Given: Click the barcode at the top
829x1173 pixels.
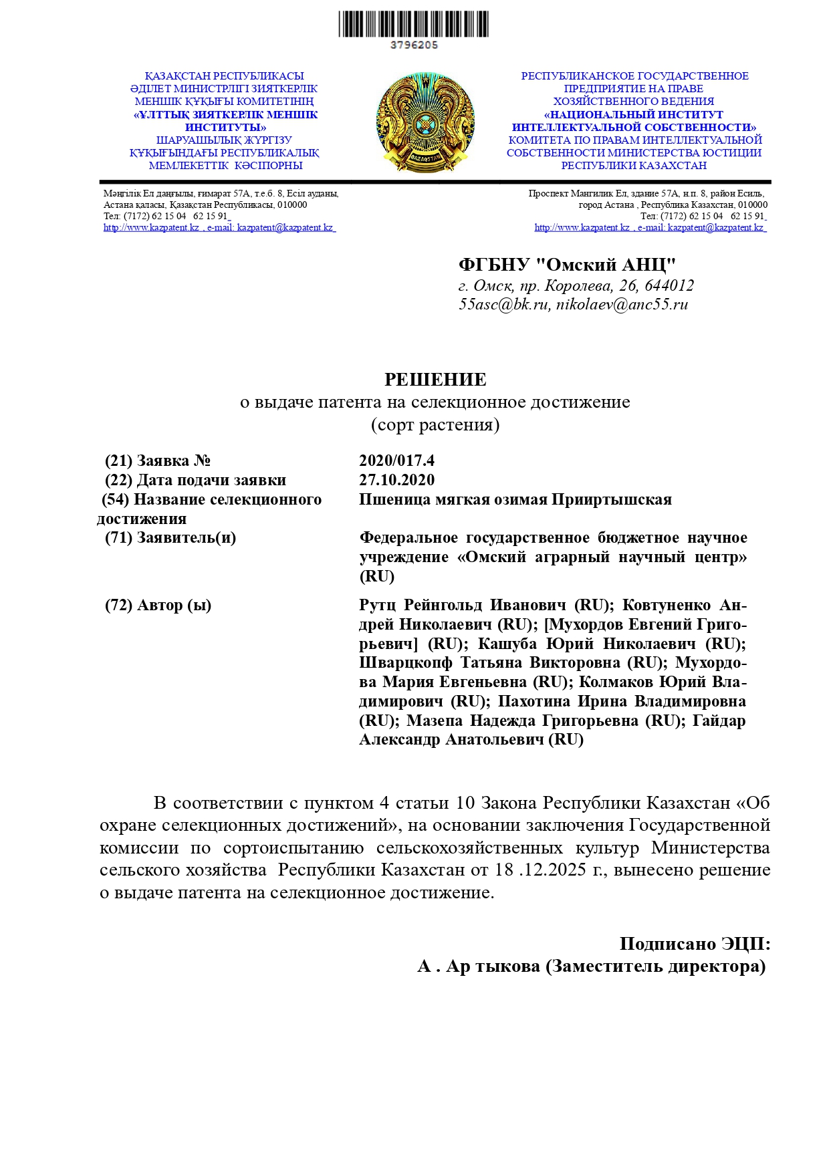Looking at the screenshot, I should pos(413,24).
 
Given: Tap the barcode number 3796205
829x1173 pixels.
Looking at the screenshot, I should pos(414,45).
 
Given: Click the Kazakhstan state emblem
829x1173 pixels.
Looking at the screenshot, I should pos(425,124).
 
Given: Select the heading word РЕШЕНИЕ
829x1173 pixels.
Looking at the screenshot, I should pos(435,380).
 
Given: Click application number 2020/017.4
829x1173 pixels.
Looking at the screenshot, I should pos(396,461).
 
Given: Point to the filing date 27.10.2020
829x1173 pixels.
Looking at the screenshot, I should pos(396,480).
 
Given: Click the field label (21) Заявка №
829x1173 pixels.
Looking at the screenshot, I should pos(158,461).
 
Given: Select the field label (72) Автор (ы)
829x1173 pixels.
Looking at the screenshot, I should pos(158,606).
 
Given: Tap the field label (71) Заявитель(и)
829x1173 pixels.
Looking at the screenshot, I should pos(170,537).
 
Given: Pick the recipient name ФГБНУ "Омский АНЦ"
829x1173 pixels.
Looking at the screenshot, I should pos(567,265).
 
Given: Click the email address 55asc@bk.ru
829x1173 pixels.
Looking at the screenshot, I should pos(504,305).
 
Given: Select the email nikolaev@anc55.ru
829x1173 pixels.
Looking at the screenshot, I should pos(622,305).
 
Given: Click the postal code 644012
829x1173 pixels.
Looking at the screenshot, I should pos(669,286).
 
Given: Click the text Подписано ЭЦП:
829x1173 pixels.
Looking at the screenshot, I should pos(695,944).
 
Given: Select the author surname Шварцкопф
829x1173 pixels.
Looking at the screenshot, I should pos(405,663).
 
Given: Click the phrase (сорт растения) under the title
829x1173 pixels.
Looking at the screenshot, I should pos(435,424).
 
